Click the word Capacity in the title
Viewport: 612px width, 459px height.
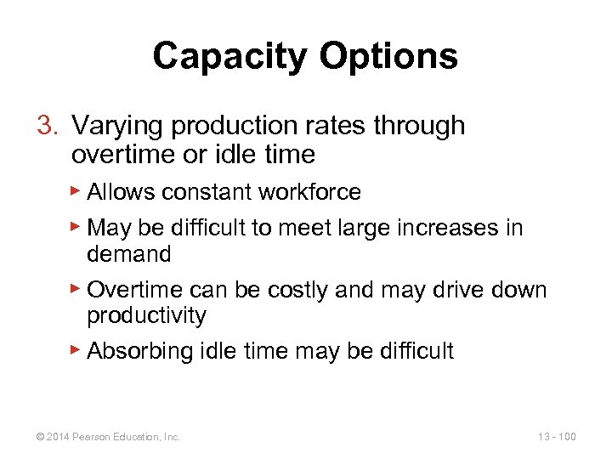point(232,56)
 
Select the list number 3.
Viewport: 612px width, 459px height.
point(46,126)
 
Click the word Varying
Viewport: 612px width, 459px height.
point(118,126)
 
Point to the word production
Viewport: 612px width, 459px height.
point(237,126)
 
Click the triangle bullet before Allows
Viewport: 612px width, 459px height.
point(76,191)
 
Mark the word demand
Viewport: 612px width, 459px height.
point(129,253)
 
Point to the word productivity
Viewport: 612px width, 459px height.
point(146,316)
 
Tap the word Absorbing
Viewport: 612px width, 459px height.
point(140,351)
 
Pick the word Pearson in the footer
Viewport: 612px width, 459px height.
point(90,437)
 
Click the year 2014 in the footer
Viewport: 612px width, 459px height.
point(59,437)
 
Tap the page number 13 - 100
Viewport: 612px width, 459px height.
point(557,437)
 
